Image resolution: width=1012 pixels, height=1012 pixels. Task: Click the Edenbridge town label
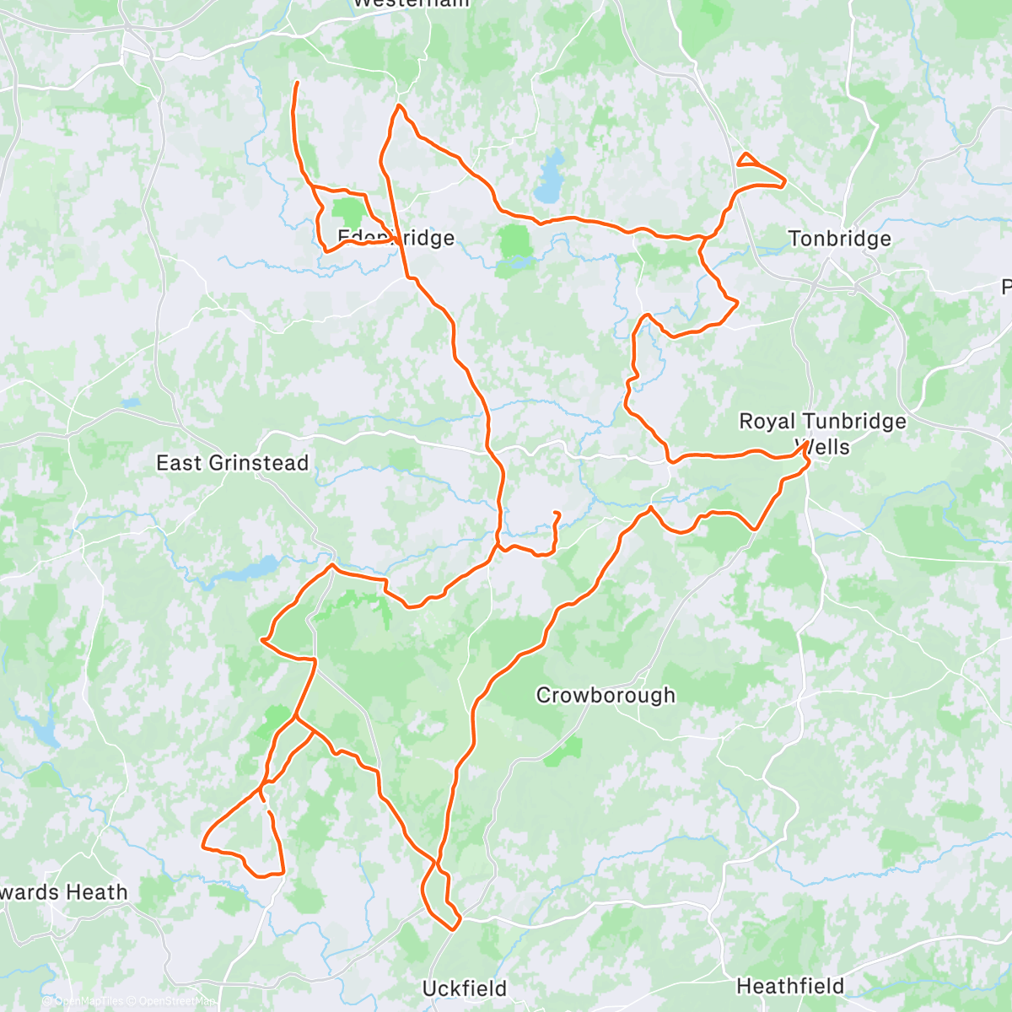click(x=396, y=238)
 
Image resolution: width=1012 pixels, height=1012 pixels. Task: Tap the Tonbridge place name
click(x=839, y=239)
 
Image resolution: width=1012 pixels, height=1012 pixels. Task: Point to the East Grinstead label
click(x=233, y=463)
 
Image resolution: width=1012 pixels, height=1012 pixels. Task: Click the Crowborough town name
click(x=606, y=696)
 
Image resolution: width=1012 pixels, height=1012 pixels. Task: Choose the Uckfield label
click(x=465, y=988)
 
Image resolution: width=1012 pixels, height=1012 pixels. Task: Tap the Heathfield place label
click(x=790, y=986)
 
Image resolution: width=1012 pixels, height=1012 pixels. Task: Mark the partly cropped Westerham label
click(x=411, y=3)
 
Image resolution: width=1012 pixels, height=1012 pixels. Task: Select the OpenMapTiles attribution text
click(x=89, y=1002)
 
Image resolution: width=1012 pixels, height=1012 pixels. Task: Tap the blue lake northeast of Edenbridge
click(x=550, y=177)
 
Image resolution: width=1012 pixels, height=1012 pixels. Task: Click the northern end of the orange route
click(x=296, y=83)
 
